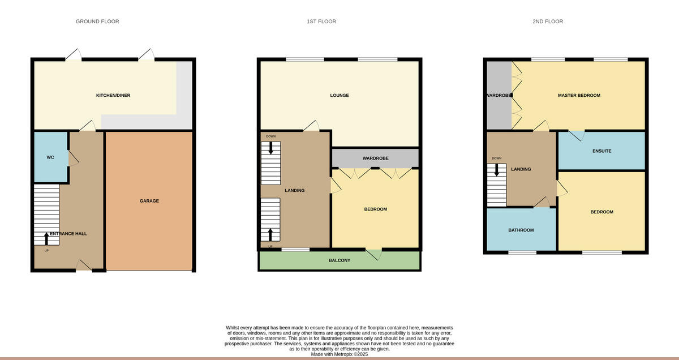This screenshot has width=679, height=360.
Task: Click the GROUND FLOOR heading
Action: click(x=97, y=22)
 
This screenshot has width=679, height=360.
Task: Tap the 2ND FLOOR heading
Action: click(x=547, y=22)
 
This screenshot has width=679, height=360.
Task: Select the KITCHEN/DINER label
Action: click(x=113, y=96)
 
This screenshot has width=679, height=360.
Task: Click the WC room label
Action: click(x=50, y=157)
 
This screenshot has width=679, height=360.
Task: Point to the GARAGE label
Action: click(x=149, y=201)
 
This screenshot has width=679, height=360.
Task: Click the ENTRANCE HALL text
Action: click(x=68, y=233)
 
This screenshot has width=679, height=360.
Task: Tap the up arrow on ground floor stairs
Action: click(x=46, y=238)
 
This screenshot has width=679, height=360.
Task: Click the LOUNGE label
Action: click(x=339, y=96)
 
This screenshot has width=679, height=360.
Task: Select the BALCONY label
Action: click(x=339, y=260)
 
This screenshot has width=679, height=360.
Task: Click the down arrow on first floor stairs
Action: click(x=270, y=148)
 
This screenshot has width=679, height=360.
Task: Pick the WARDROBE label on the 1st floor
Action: click(x=376, y=158)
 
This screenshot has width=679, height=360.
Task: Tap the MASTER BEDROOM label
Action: click(x=579, y=96)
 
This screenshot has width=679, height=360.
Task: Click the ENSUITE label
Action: click(x=601, y=151)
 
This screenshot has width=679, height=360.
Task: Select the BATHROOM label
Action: click(x=521, y=230)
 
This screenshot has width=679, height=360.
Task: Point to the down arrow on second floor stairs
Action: click(x=497, y=169)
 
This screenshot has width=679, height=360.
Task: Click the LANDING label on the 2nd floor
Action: click(x=521, y=169)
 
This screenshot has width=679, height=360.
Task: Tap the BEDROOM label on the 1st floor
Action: click(x=375, y=209)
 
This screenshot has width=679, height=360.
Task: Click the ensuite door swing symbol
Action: click(x=577, y=136)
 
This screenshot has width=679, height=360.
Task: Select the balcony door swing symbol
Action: click(x=374, y=255)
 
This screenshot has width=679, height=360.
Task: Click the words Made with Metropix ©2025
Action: click(x=339, y=354)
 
